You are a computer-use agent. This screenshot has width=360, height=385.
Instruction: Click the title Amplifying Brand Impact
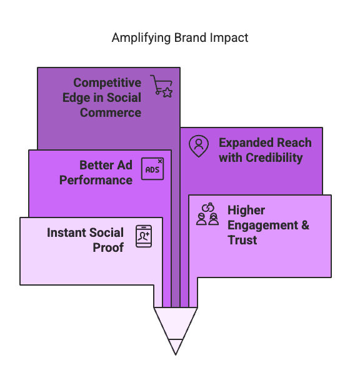(180, 37)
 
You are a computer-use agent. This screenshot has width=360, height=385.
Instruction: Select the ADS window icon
(152, 169)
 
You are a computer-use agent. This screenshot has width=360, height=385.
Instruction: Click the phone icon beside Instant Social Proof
(144, 236)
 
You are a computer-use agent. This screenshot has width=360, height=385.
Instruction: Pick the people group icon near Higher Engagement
(207, 214)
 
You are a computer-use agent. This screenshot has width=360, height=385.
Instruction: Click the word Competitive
(107, 82)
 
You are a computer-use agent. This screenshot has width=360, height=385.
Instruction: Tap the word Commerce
(110, 112)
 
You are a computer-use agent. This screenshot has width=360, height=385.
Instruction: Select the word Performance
(96, 180)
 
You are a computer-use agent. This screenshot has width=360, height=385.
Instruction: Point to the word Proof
(109, 247)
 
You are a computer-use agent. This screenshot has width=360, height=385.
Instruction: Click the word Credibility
(272, 157)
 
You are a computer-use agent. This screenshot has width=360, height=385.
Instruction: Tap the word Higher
(246, 210)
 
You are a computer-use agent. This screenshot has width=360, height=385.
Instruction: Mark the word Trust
(242, 240)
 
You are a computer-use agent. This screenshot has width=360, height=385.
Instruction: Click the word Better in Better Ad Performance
(97, 165)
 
